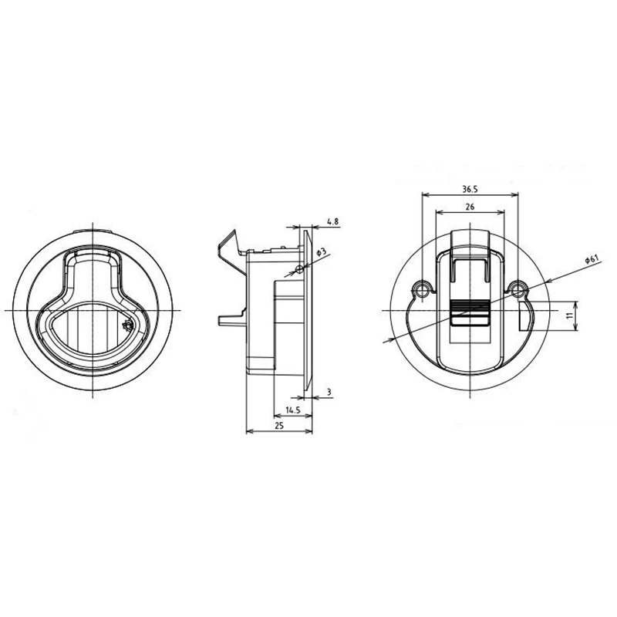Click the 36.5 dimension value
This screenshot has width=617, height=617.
tap(470, 189)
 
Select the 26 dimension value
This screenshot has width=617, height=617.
tap(470, 207)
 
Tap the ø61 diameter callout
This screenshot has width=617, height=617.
tap(592, 260)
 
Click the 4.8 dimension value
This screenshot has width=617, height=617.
tap(332, 221)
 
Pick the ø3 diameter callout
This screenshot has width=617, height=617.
tap(322, 252)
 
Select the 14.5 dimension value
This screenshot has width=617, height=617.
tap(293, 410)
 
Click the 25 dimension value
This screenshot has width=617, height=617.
tap(279, 426)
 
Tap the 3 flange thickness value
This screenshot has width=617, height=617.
tap(329, 392)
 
